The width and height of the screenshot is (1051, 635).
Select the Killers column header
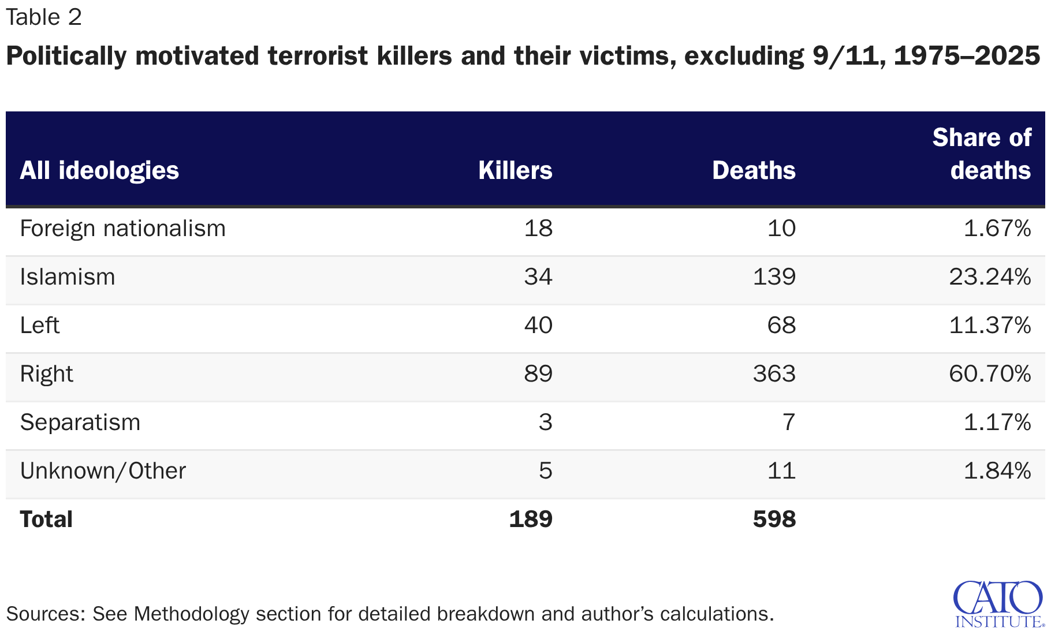click(515, 170)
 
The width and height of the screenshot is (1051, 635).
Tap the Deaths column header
click(754, 170)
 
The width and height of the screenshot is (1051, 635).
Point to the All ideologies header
click(99, 170)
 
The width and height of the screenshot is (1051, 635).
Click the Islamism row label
click(68, 277)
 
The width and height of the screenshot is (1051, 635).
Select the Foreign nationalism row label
click(122, 229)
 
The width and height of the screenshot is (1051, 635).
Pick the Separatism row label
click(80, 423)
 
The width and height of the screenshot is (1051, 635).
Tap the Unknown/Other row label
click(103, 471)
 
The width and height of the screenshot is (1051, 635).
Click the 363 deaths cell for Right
click(774, 374)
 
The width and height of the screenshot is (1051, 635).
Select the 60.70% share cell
click(990, 374)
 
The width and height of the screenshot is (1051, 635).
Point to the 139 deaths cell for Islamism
click(774, 277)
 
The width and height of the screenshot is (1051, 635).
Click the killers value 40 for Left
click(538, 326)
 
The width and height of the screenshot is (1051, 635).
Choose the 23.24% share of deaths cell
click(990, 277)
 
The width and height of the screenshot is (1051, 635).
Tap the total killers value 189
click(531, 520)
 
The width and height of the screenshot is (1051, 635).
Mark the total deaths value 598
click(774, 520)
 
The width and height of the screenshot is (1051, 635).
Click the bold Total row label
click(46, 520)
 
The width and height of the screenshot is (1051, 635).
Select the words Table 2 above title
click(44, 17)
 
